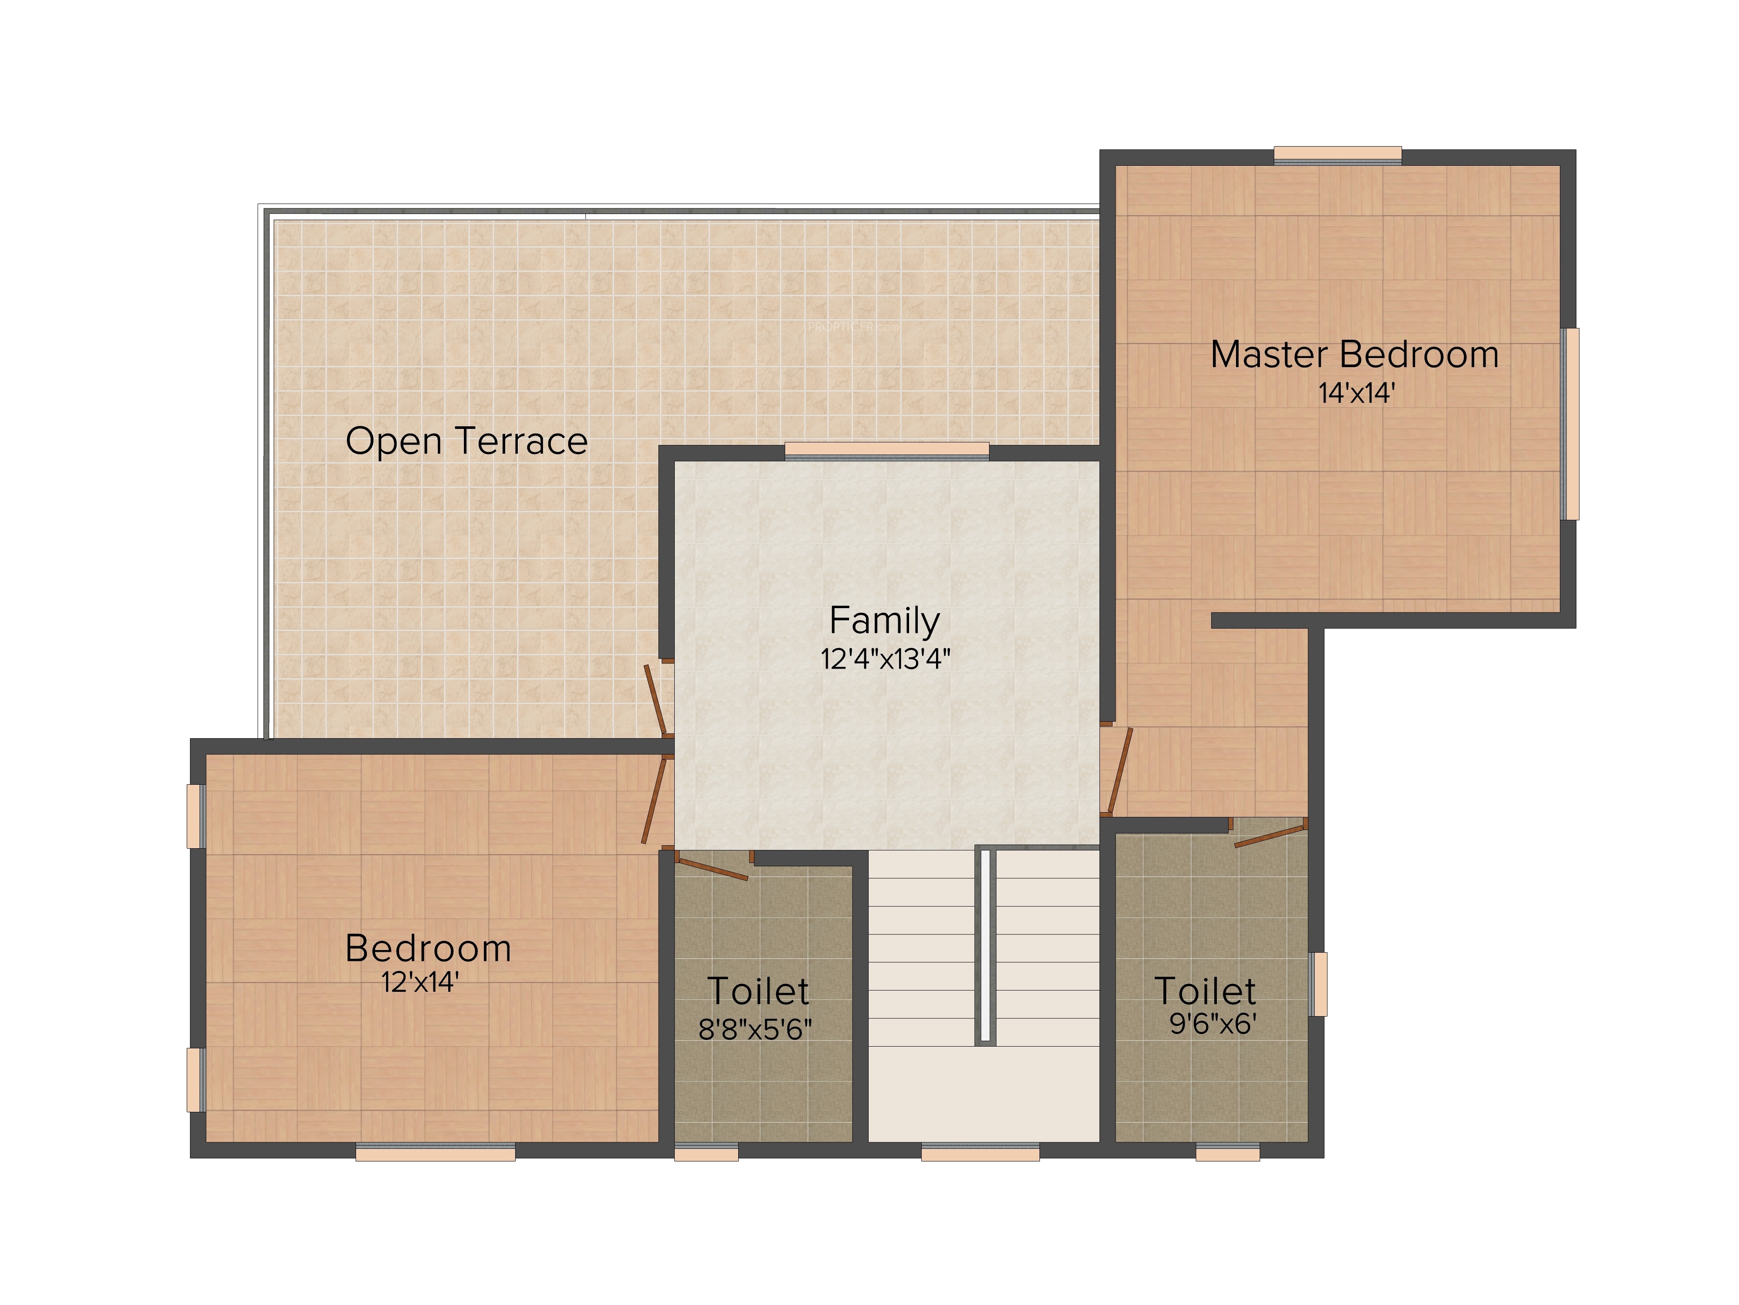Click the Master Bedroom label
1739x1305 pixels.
tap(1355, 355)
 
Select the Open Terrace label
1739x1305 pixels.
tap(466, 441)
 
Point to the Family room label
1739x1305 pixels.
tap(884, 622)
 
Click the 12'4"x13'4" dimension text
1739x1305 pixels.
tap(885, 659)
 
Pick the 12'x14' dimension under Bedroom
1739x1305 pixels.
tap(420, 982)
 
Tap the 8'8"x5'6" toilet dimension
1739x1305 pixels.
tap(755, 1029)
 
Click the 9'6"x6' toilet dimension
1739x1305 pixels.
tap(1213, 1024)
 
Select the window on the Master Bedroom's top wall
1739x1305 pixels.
tap(1337, 155)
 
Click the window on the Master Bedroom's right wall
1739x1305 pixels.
tap(1570, 424)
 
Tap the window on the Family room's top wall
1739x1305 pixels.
tap(887, 451)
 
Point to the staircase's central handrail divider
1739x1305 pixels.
tap(985, 946)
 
